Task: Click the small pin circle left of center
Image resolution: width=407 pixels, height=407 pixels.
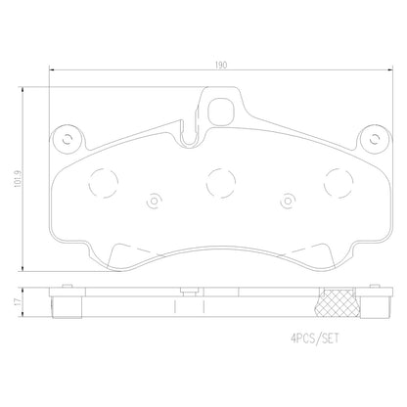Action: (x=155, y=203)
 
